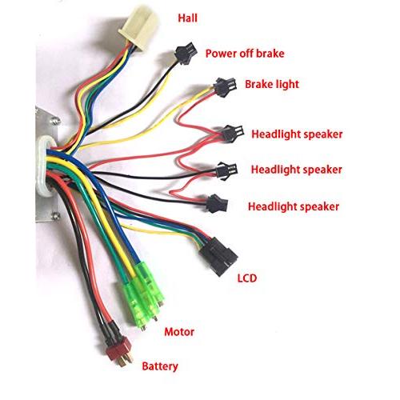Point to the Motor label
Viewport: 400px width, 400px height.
click(x=180, y=330)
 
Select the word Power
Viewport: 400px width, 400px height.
click(x=222, y=54)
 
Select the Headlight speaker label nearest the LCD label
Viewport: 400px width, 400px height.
click(x=293, y=207)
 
